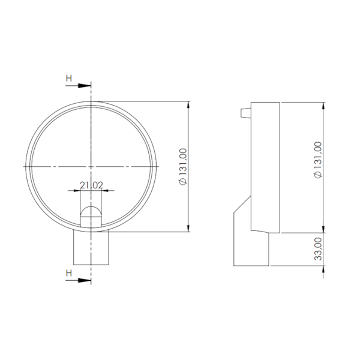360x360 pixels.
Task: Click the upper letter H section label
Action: pos(69,78)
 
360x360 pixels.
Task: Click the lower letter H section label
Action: pos(69,272)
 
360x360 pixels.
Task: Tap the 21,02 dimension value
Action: pos(91,185)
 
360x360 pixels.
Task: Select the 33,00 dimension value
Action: pos(318,248)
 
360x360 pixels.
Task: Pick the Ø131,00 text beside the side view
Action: pos(318,160)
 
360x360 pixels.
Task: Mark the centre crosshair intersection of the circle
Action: pos(91,165)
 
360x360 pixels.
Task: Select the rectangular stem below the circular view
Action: pos(91,248)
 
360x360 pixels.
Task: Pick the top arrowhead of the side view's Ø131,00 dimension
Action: pos(324,105)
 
